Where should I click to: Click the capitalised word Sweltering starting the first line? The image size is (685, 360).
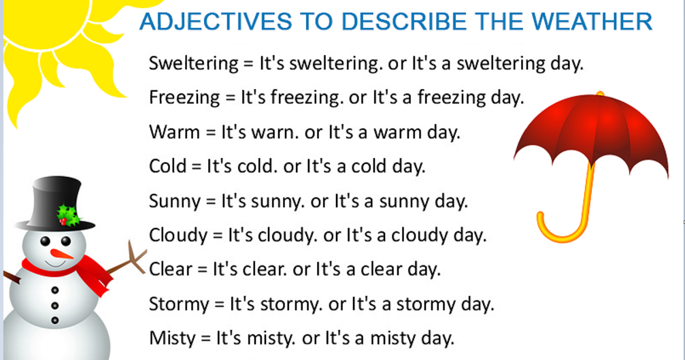tap(192, 65)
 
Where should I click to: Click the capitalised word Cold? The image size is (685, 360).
tap(167, 165)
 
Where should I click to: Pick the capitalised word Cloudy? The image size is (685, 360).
tap(178, 235)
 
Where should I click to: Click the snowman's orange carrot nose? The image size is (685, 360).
tap(63, 254)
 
